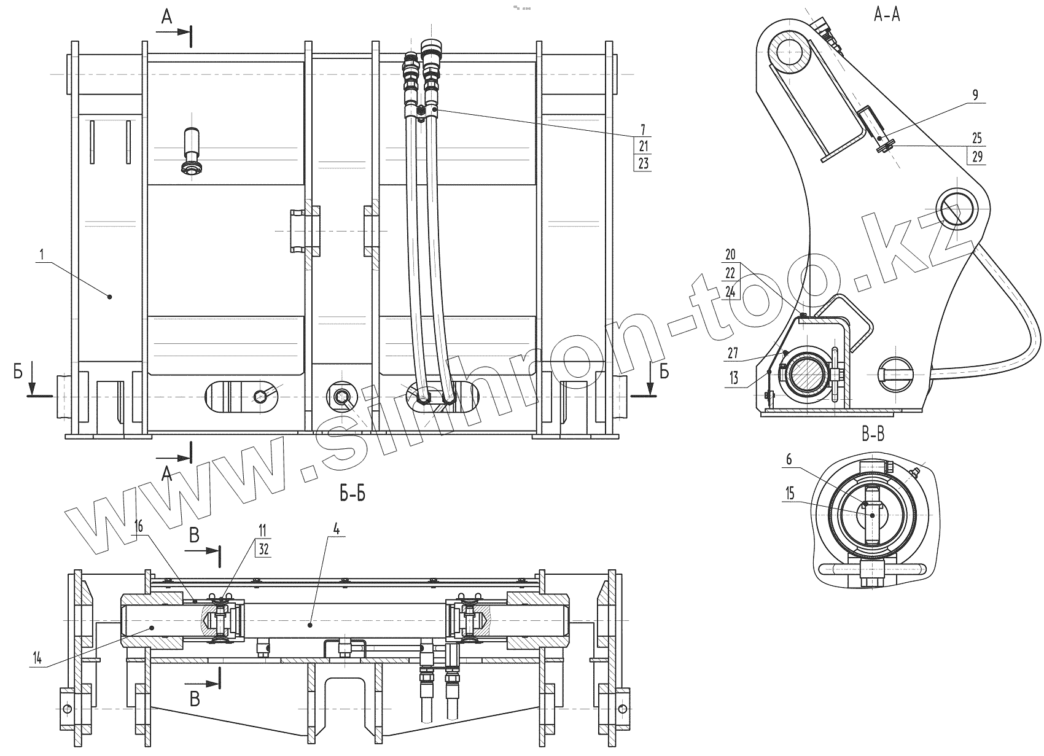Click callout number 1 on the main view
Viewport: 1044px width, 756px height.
[x=42, y=254]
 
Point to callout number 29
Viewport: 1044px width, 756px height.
[x=977, y=156]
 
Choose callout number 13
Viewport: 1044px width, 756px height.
[x=734, y=378]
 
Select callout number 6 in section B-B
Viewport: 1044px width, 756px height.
[x=789, y=459]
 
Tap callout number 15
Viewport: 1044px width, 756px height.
[x=790, y=493]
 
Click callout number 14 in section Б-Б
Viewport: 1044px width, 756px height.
[x=37, y=658]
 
